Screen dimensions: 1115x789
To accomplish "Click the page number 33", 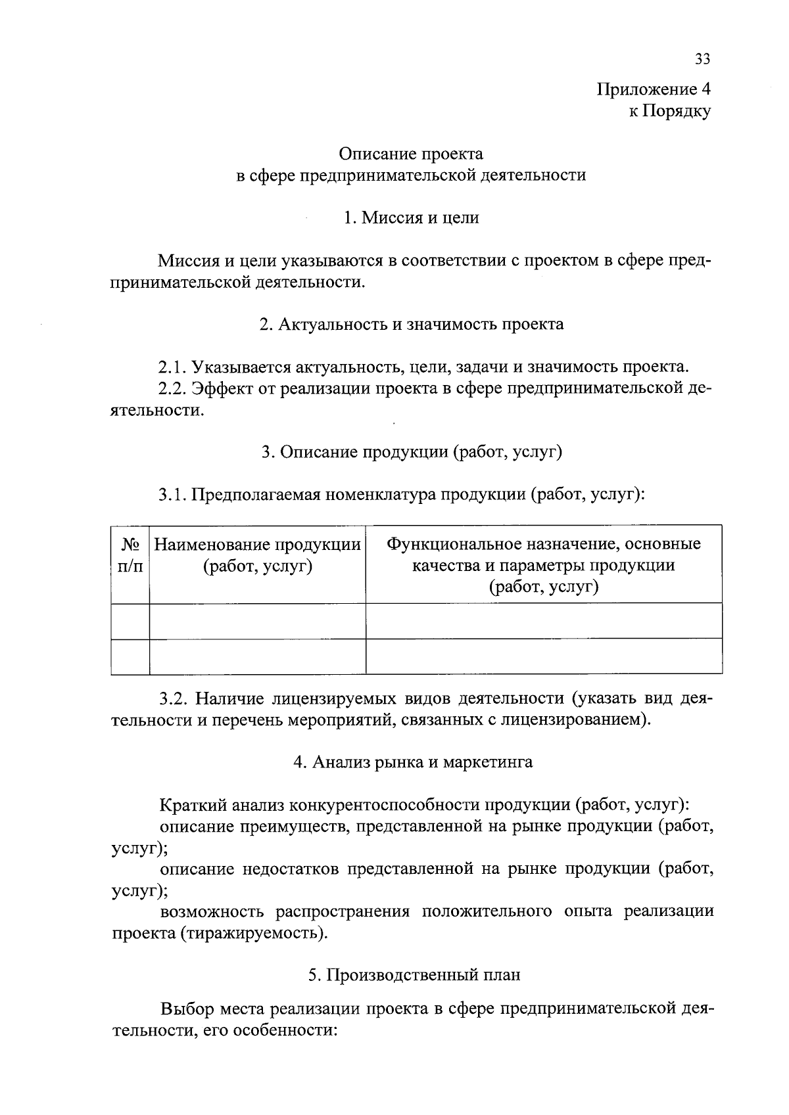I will click(x=702, y=59).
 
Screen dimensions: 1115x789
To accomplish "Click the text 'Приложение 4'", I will click(x=654, y=89).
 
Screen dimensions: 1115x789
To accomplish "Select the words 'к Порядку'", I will click(x=669, y=112).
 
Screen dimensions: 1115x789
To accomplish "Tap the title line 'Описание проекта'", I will click(x=411, y=154).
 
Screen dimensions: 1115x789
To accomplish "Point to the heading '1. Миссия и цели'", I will click(x=411, y=217).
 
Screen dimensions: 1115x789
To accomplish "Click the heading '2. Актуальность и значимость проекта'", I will click(x=411, y=324).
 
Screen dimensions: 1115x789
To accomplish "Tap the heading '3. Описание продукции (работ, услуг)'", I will click(x=411, y=452).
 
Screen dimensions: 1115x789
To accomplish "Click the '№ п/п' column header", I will click(x=130, y=555).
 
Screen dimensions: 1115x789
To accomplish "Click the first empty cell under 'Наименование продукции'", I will click(x=257, y=621).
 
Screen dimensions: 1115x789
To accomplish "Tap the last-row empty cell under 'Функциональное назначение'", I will click(x=543, y=656).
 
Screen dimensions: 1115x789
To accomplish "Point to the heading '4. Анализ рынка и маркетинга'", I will click(x=412, y=762).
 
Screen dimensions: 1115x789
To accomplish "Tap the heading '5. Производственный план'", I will click(x=414, y=975).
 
